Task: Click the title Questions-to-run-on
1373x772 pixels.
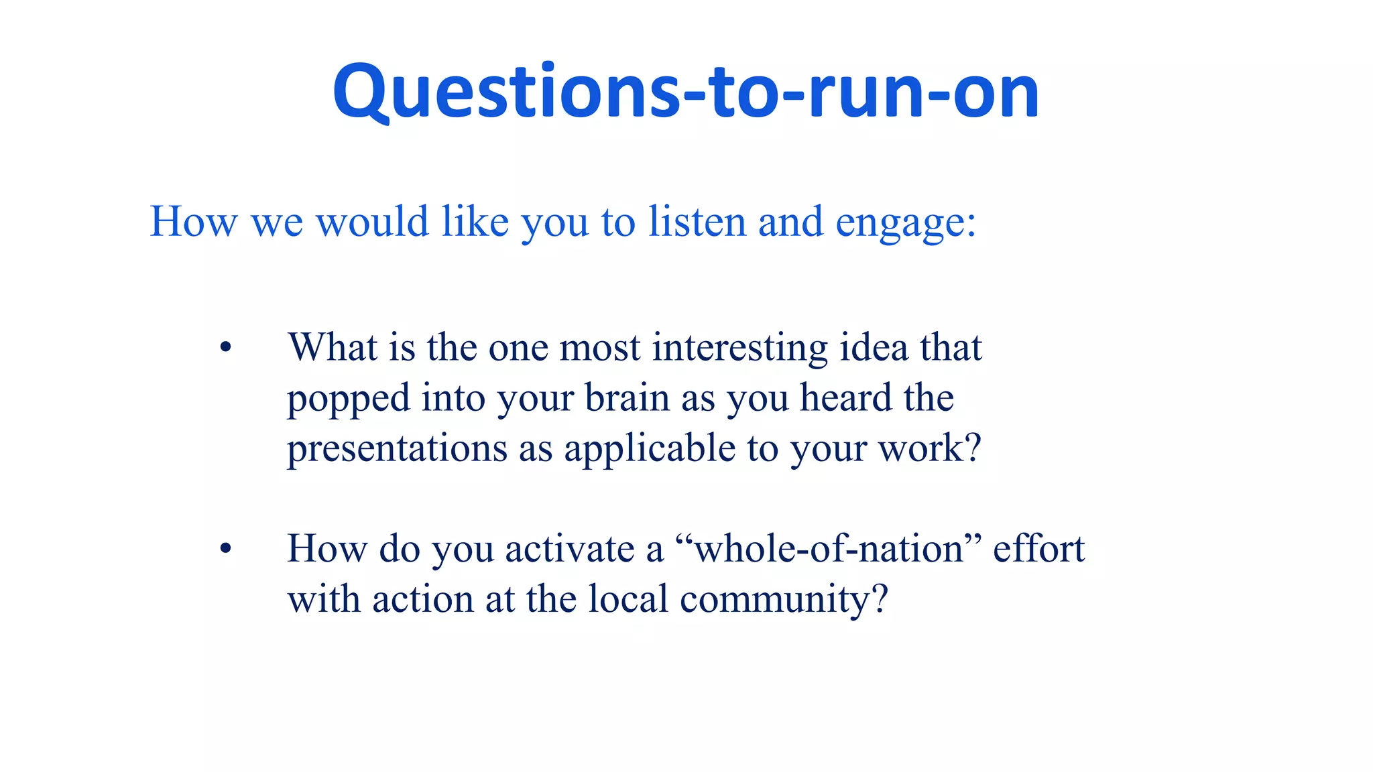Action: [x=685, y=92]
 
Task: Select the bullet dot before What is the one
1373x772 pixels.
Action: [x=225, y=348]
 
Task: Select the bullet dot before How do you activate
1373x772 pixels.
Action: [x=225, y=549]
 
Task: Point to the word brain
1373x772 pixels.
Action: [x=627, y=398]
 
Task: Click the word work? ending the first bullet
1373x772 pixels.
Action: [x=930, y=448]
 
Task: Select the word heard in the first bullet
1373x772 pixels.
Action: [x=846, y=398]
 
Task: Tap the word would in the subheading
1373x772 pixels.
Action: [x=372, y=222]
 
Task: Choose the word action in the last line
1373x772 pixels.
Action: [x=423, y=598]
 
